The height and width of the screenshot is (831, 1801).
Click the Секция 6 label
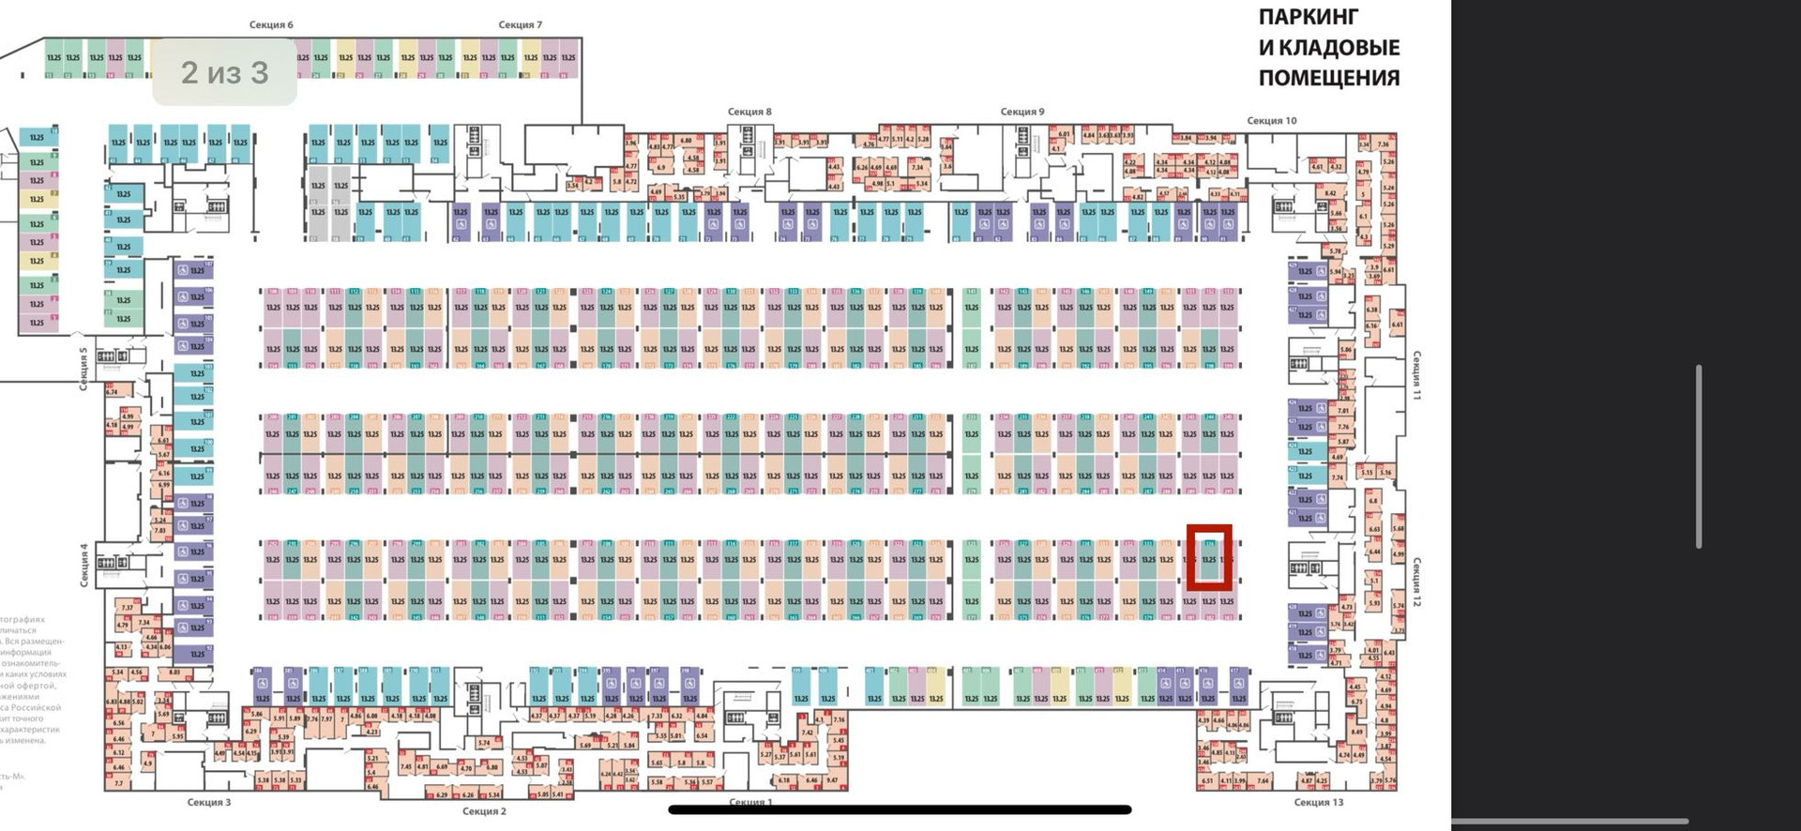pyautogui.click(x=271, y=24)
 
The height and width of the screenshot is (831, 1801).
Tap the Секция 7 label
pyautogui.click(x=520, y=24)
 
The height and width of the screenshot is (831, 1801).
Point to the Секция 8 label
pyautogui.click(x=749, y=112)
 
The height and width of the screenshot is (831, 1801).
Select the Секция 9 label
pyautogui.click(x=1022, y=112)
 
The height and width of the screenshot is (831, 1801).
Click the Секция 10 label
pyautogui.click(x=1271, y=120)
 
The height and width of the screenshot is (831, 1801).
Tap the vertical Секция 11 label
pyautogui.click(x=1416, y=375)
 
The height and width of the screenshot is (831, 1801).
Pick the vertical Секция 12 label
pyautogui.click(x=1416, y=582)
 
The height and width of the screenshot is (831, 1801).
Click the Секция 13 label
pyautogui.click(x=1318, y=802)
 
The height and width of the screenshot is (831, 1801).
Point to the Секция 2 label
pyautogui.click(x=484, y=811)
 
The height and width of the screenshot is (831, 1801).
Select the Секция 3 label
pyautogui.click(x=208, y=802)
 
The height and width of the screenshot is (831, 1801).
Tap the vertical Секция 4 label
pyautogui.click(x=83, y=565)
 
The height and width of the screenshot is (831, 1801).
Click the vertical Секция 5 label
pyautogui.click(x=83, y=368)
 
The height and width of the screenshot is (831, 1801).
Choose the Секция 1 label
pyautogui.click(x=750, y=802)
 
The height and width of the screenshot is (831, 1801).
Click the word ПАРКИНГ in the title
pyautogui.click(x=1308, y=17)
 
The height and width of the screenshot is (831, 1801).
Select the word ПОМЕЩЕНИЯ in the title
pyautogui.click(x=1328, y=77)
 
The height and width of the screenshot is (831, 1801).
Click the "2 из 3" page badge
pyautogui.click(x=224, y=72)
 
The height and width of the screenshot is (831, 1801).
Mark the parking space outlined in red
pyautogui.click(x=1209, y=558)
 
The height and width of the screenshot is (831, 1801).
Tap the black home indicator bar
pyautogui.click(x=900, y=809)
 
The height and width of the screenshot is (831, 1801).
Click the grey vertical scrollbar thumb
pyautogui.click(x=1699, y=456)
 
